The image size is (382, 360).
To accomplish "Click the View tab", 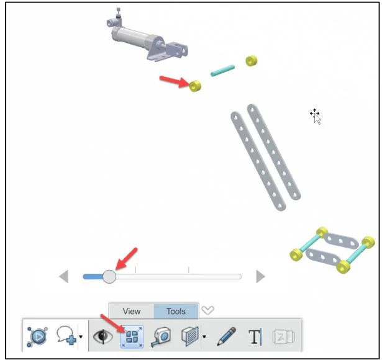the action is [x=132, y=311].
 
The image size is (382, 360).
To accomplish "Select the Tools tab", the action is [x=176, y=311].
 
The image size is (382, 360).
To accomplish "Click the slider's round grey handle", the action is [x=109, y=276].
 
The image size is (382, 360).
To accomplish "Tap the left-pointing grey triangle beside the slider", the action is [x=64, y=276].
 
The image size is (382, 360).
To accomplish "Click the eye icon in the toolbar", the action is [x=103, y=336].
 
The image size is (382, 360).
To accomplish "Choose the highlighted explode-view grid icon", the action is [x=132, y=337].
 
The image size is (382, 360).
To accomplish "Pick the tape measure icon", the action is [x=161, y=337].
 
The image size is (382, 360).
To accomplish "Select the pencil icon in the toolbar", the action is [x=226, y=336].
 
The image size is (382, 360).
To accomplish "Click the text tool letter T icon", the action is [x=255, y=337].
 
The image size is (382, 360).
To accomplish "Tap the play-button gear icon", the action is [x=37, y=337].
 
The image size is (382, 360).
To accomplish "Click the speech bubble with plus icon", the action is [x=66, y=336].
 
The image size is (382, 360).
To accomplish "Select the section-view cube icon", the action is [x=190, y=336].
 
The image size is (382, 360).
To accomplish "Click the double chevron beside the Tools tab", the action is [x=207, y=310].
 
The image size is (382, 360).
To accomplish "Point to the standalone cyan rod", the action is [x=222, y=71].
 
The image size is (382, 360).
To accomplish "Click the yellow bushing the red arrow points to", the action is [x=195, y=86].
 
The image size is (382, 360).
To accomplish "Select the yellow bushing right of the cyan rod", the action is [x=252, y=61].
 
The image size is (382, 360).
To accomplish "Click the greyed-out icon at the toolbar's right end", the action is [x=284, y=337].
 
